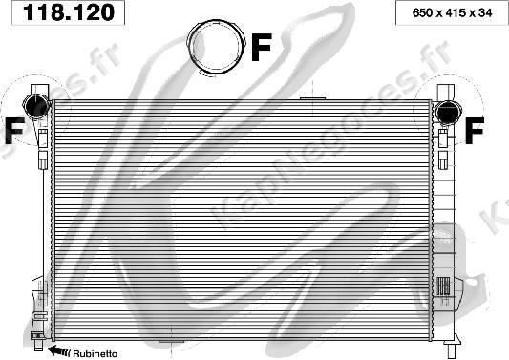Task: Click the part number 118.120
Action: tap(69, 12)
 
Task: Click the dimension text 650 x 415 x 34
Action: tap(452, 13)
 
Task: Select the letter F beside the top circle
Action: tap(261, 47)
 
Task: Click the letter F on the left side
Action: tap(14, 130)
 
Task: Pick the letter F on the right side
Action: tap(475, 130)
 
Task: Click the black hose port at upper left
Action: tap(35, 105)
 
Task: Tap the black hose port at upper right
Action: tap(448, 112)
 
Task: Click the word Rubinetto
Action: tap(95, 353)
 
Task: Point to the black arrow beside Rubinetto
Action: tap(59, 350)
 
